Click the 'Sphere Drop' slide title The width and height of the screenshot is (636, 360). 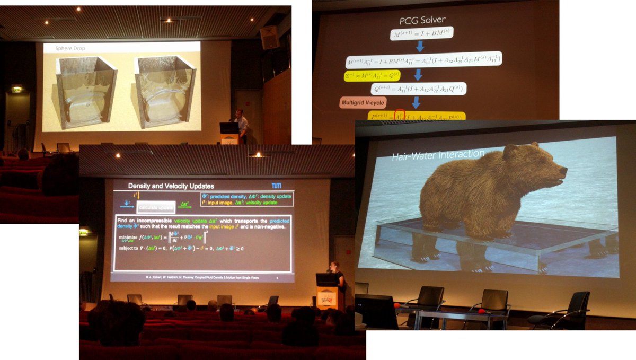click(x=70, y=49)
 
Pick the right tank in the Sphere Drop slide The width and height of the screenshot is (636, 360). click(x=164, y=90)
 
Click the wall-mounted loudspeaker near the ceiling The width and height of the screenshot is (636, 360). click(x=269, y=37)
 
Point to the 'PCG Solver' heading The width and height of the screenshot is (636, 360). click(x=422, y=20)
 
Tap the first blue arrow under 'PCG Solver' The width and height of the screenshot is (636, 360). click(x=420, y=46)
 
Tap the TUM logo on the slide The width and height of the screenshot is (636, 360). click(x=277, y=186)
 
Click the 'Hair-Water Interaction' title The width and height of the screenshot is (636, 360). click(x=438, y=155)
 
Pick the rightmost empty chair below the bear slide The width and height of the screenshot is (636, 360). click(x=562, y=311)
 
